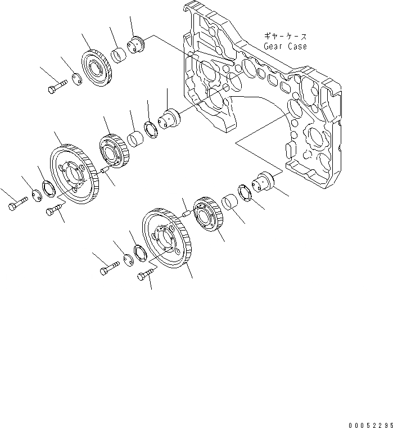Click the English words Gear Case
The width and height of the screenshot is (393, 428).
point(285,46)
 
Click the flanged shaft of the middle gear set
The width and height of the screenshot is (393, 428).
point(170,119)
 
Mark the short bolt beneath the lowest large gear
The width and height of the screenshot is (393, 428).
point(145,274)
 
